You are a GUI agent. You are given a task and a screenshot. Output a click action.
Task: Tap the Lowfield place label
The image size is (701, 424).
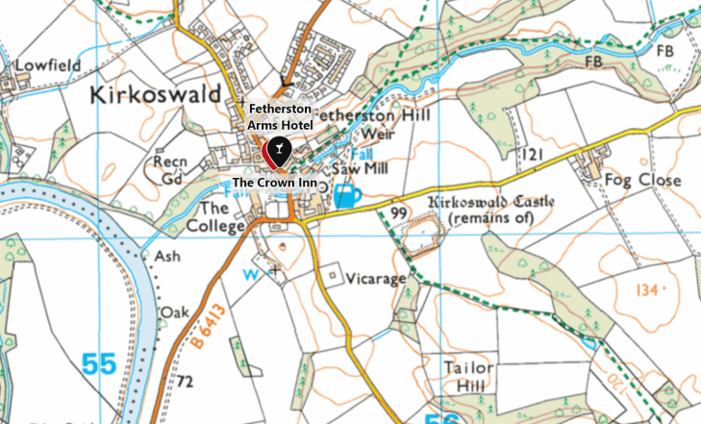click(46, 66)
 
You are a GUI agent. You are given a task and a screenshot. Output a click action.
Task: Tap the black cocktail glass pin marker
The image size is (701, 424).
click(278, 150)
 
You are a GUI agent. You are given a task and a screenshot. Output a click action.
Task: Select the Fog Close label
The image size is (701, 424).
click(642, 179)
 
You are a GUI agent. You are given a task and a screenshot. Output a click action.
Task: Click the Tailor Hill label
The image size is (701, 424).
click(469, 376)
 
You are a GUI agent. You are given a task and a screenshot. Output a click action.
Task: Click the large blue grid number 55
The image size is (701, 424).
click(98, 364)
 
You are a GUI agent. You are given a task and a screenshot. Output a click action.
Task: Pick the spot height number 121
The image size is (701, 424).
click(532, 154)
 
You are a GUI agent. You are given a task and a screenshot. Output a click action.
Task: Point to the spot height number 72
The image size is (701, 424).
click(185, 383)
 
